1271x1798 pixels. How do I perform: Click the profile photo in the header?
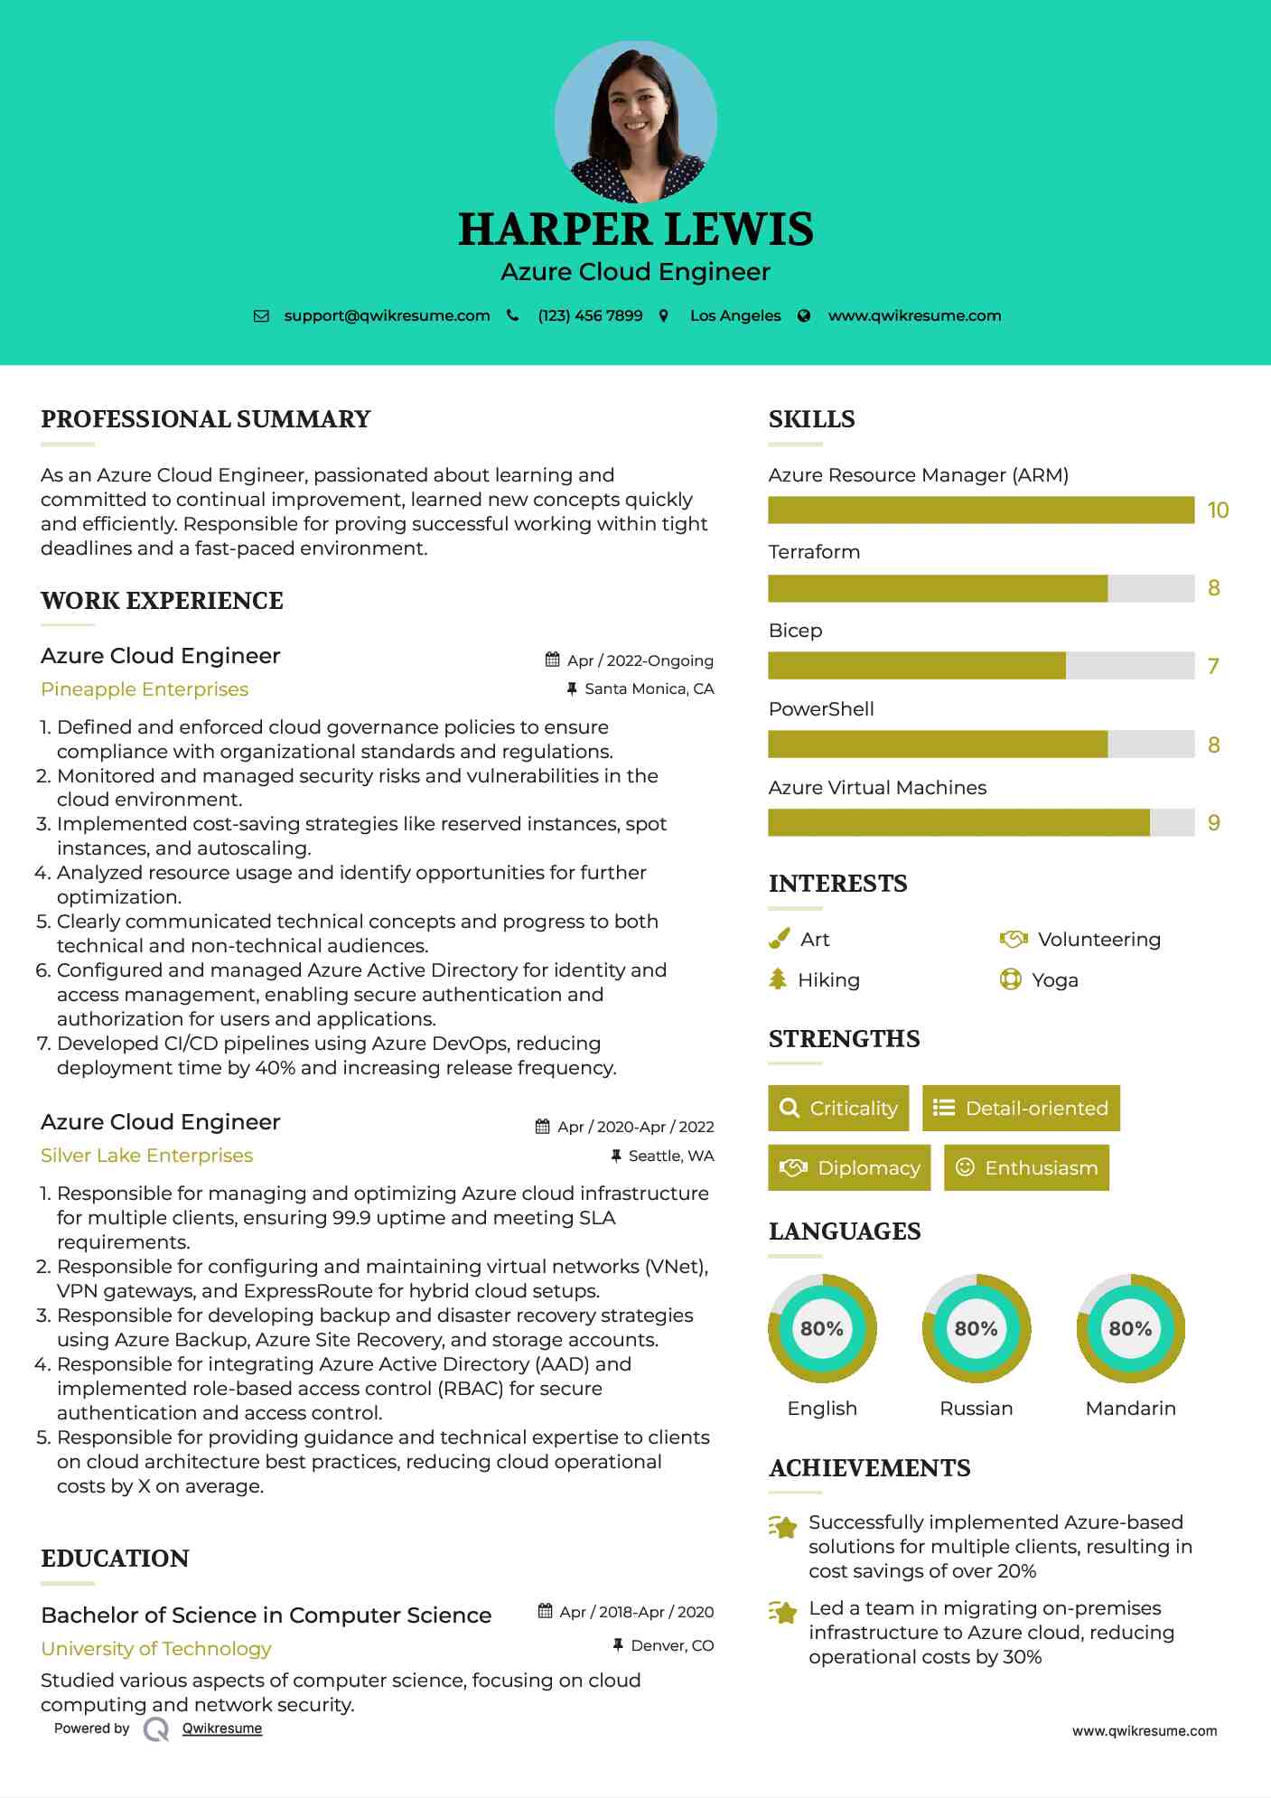coord(635,121)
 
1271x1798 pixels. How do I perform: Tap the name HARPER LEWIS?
coord(635,229)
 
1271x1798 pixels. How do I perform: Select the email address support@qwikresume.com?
coord(387,315)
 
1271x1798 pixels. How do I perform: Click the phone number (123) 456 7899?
coord(590,315)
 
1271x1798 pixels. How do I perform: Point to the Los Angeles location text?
coord(735,315)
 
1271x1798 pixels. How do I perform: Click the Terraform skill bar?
coord(981,588)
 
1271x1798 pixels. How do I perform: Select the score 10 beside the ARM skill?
coord(1218,510)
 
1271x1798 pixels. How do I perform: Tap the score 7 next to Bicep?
coord(1213,667)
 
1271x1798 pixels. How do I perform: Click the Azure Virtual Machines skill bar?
coord(981,823)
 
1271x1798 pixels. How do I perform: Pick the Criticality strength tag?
coord(838,1108)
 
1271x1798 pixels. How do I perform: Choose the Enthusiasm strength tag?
coord(1026,1167)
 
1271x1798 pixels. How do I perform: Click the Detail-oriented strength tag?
coord(1021,1108)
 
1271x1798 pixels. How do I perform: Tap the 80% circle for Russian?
coord(976,1328)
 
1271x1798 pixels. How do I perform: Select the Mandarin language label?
coord(1130,1408)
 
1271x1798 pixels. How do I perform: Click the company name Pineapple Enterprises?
coord(145,689)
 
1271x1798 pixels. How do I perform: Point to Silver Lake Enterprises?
coord(146,1156)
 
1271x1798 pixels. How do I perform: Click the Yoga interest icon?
coord(1010,979)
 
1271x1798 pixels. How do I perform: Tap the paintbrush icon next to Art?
coord(779,939)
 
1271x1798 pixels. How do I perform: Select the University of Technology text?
coord(156,1649)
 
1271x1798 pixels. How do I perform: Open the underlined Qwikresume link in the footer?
coord(222,1728)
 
